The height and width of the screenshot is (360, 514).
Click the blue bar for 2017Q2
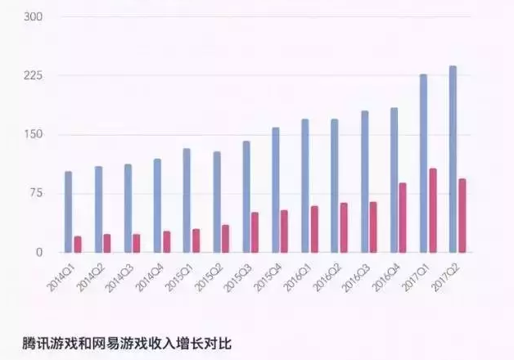tap(453, 160)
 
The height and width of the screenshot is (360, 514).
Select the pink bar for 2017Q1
tap(433, 211)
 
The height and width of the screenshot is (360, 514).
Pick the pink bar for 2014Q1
tap(78, 244)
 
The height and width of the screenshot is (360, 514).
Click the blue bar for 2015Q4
tap(276, 190)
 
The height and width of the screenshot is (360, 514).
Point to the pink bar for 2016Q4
tap(403, 218)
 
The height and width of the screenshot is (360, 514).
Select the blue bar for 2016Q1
tap(305, 186)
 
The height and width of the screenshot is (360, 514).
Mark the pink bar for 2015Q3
tap(255, 232)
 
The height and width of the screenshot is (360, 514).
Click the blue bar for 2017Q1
tap(423, 164)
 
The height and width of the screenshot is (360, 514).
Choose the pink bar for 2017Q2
tap(462, 215)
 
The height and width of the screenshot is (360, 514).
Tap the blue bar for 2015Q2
tap(217, 202)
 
